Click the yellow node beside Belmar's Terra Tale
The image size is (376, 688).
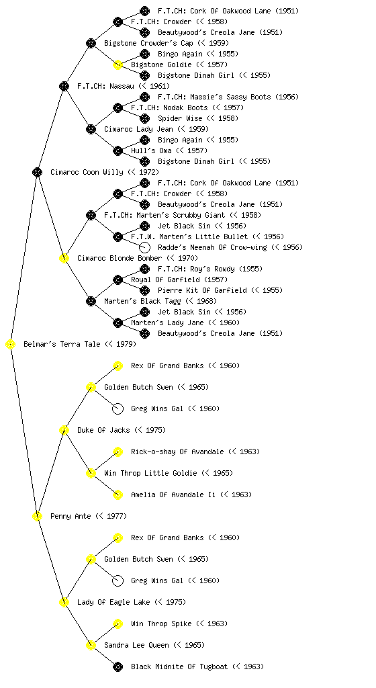click(x=11, y=345)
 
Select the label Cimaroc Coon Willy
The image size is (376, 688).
click(x=87, y=172)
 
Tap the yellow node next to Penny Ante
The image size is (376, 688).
click(x=37, y=517)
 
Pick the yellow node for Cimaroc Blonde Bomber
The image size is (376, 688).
click(x=64, y=259)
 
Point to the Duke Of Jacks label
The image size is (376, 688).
click(x=103, y=430)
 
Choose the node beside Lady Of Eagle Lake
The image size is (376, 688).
click(x=64, y=603)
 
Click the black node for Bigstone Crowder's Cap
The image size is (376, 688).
click(x=91, y=43)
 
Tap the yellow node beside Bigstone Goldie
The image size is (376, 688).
click(x=117, y=64)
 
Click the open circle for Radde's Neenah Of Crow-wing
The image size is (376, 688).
click(x=144, y=247)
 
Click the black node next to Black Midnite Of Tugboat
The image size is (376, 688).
click(x=117, y=667)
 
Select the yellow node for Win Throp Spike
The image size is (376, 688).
click(x=117, y=624)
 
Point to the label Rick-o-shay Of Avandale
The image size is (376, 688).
click(x=177, y=451)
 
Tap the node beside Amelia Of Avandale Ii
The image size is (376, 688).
click(x=117, y=495)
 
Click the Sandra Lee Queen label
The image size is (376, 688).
click(x=136, y=645)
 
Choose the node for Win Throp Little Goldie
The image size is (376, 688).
click(x=91, y=474)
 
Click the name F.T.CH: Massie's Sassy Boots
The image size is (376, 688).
click(x=214, y=97)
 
